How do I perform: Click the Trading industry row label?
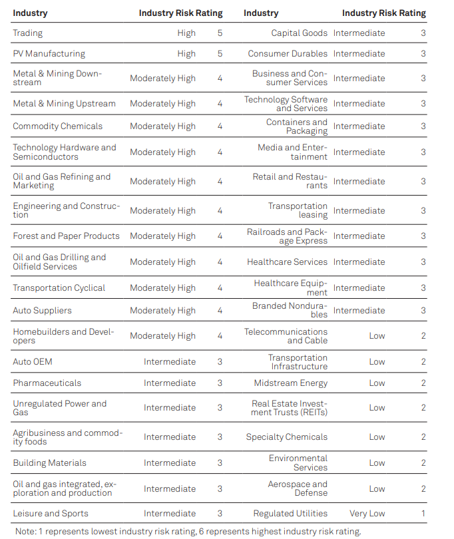click(x=27, y=33)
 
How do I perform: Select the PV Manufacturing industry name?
click(x=49, y=54)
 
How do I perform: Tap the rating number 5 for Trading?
click(x=220, y=33)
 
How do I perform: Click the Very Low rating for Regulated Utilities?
click(x=367, y=514)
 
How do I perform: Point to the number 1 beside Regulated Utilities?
click(x=423, y=514)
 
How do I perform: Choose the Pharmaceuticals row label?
click(x=47, y=383)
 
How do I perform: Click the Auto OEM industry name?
click(x=33, y=362)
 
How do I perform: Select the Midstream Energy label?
click(x=291, y=383)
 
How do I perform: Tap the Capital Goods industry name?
click(x=299, y=33)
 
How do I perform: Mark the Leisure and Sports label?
click(x=51, y=514)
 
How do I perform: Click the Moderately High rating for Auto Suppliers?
click(x=162, y=311)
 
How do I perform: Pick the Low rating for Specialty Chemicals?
click(x=377, y=437)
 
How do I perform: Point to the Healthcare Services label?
click(x=287, y=262)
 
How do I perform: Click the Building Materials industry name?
click(x=49, y=463)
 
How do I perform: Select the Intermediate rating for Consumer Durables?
click(x=359, y=54)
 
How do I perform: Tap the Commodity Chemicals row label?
click(x=58, y=126)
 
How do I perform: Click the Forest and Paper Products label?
click(x=66, y=236)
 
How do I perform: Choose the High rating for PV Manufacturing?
click(x=186, y=54)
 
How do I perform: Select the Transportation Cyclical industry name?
click(x=59, y=288)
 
